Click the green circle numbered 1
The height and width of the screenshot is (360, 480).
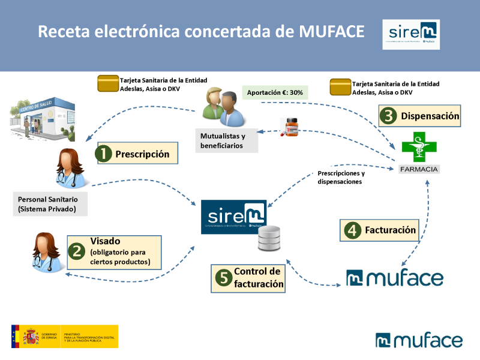[104, 154]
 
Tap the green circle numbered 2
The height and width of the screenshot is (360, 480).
[76, 250]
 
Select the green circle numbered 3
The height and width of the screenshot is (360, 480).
[389, 116]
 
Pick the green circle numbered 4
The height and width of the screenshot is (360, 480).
[352, 230]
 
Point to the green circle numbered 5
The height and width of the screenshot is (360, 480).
[223, 278]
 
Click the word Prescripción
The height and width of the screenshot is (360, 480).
[142, 154]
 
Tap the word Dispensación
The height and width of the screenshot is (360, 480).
[430, 116]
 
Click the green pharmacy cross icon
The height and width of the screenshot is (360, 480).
[419, 145]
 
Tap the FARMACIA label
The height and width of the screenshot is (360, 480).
[419, 169]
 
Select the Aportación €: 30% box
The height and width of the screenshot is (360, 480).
[275, 93]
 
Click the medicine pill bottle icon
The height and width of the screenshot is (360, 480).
[291, 127]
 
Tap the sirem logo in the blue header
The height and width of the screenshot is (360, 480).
[411, 34]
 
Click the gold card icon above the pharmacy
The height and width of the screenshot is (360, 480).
[340, 88]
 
